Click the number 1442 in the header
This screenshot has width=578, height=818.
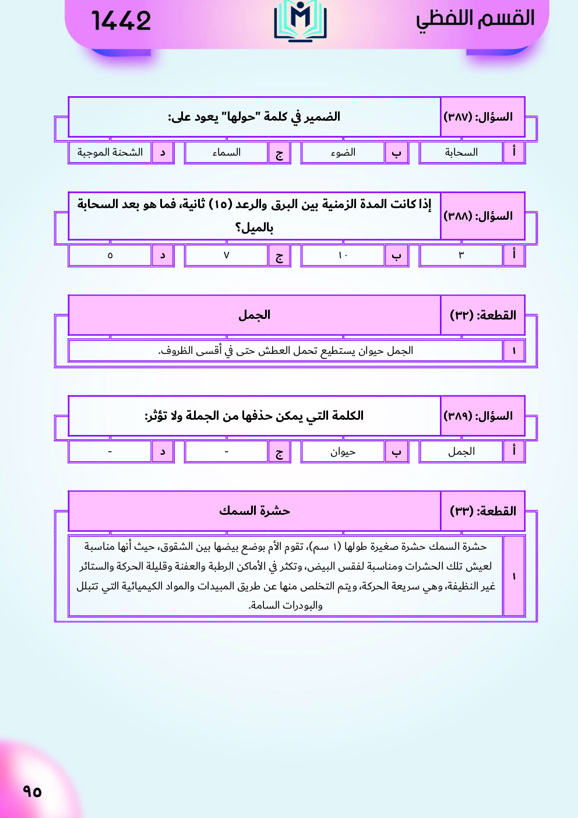pos(121,21)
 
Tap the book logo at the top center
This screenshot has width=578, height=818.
pos(300,21)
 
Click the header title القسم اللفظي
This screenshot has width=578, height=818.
pos(475,19)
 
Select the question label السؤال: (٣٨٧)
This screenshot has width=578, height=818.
pos(478,117)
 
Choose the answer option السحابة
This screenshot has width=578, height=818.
pos(461,153)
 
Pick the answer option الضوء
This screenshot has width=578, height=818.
pos(343,153)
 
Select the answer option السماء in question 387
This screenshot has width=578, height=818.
pos(226,153)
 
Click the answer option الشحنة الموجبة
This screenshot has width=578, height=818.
pos(110,153)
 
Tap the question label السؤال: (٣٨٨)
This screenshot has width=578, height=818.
pos(478,216)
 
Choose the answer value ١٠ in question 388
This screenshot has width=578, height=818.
pos(343,255)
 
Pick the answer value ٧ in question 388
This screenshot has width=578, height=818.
pos(226,255)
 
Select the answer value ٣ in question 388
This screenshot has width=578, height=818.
pos(461,255)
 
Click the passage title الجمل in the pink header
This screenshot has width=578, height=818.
pos(254,315)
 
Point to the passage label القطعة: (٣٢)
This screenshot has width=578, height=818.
pos(483,315)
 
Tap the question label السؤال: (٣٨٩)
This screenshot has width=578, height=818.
pos(478,416)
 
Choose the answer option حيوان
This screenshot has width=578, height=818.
pos(343,452)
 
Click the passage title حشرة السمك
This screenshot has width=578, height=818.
pos(254,511)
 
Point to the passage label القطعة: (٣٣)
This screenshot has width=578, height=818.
pos(483,511)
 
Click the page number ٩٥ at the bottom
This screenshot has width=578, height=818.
pos(32,791)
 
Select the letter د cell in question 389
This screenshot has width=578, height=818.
pos(163,452)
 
